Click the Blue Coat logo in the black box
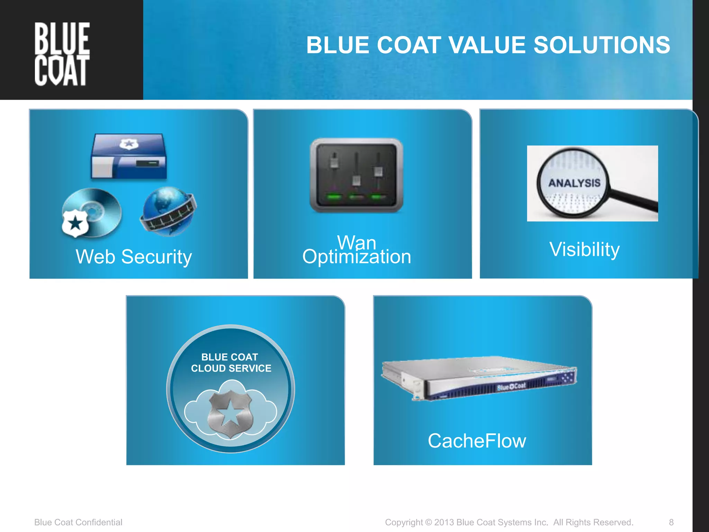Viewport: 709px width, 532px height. (x=62, y=54)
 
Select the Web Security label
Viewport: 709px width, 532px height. (x=134, y=257)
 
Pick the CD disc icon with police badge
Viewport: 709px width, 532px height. (x=91, y=212)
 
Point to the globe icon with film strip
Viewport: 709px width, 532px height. (x=168, y=211)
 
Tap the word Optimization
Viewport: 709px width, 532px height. (x=357, y=257)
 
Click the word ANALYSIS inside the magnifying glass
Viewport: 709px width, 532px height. (x=574, y=183)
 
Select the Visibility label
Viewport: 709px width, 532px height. (x=584, y=249)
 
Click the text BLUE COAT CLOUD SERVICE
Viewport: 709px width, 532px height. (x=231, y=362)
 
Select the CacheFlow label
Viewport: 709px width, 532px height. (x=477, y=441)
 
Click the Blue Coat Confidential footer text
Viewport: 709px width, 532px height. (x=78, y=522)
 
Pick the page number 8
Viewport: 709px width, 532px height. (x=671, y=522)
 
